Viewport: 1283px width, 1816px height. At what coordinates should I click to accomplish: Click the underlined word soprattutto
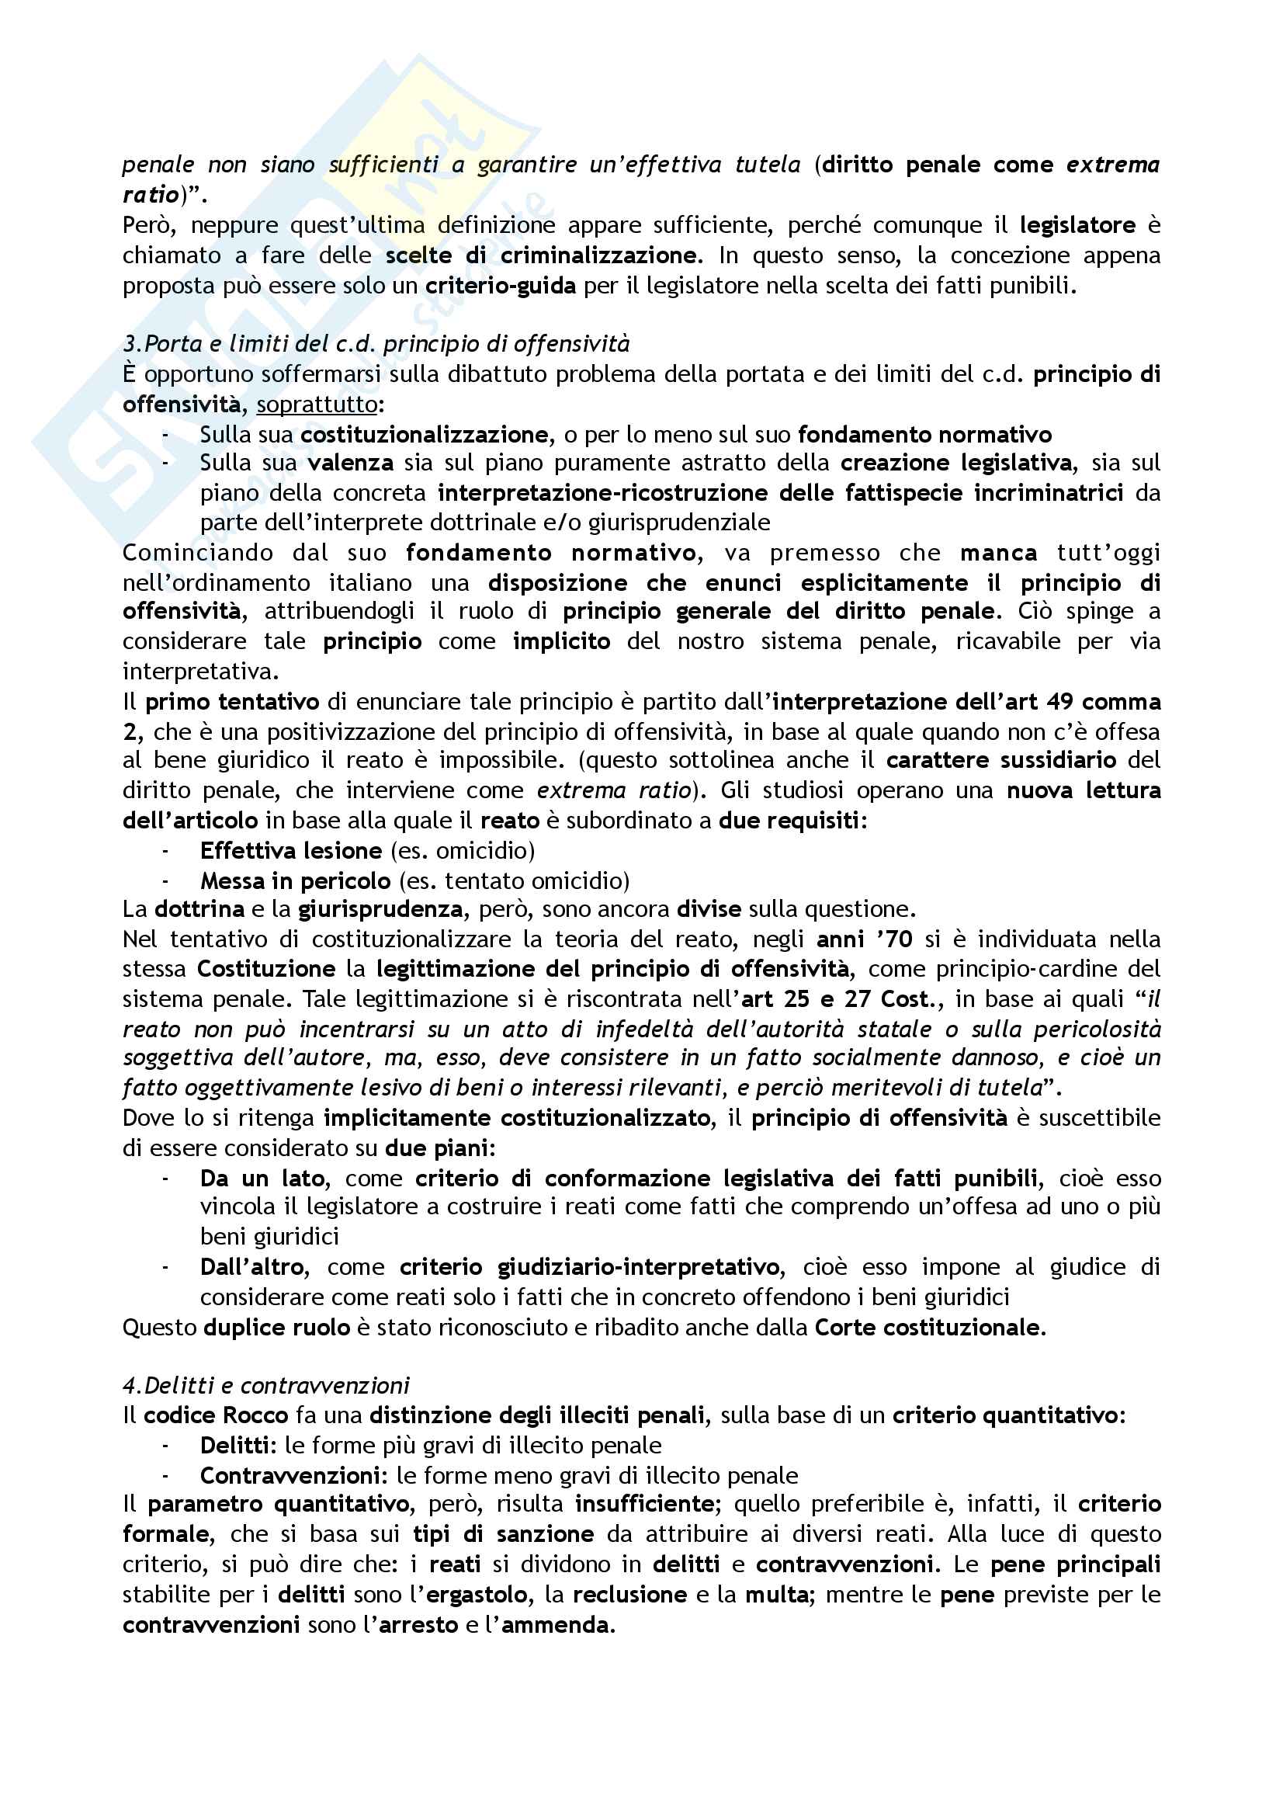click(x=317, y=405)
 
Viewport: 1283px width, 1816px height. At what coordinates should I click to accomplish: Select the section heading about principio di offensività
click(x=376, y=344)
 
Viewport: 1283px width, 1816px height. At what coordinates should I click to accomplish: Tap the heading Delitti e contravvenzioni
click(x=266, y=1385)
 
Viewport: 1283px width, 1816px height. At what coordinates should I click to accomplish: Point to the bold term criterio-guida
click(x=501, y=286)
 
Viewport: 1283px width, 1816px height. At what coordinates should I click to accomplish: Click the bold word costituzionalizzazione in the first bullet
click(x=424, y=434)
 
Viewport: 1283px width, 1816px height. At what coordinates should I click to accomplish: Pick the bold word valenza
click(x=350, y=463)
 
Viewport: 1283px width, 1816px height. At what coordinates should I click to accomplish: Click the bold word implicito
click(x=561, y=641)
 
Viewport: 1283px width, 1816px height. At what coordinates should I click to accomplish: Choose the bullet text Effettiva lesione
click(x=291, y=850)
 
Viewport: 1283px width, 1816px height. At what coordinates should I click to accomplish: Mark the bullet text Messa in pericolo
click(x=295, y=880)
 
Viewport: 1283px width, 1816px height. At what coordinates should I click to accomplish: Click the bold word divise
click(x=709, y=909)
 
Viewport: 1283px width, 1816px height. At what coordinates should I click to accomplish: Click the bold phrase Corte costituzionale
click(x=930, y=1326)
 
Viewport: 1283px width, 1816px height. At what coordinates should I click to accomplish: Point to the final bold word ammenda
click(x=557, y=1624)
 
